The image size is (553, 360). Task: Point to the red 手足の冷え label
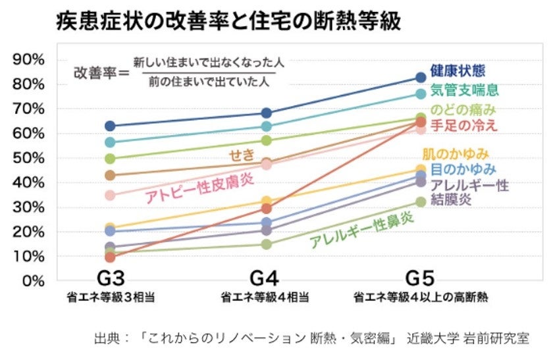point(464,125)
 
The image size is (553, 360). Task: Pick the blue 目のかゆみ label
point(459,170)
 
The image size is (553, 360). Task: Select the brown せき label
point(239,155)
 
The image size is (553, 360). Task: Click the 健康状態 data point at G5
point(421,78)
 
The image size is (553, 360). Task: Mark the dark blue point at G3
point(110,126)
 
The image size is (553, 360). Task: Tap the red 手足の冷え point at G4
point(266,208)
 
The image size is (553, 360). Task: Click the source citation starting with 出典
point(311,340)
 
